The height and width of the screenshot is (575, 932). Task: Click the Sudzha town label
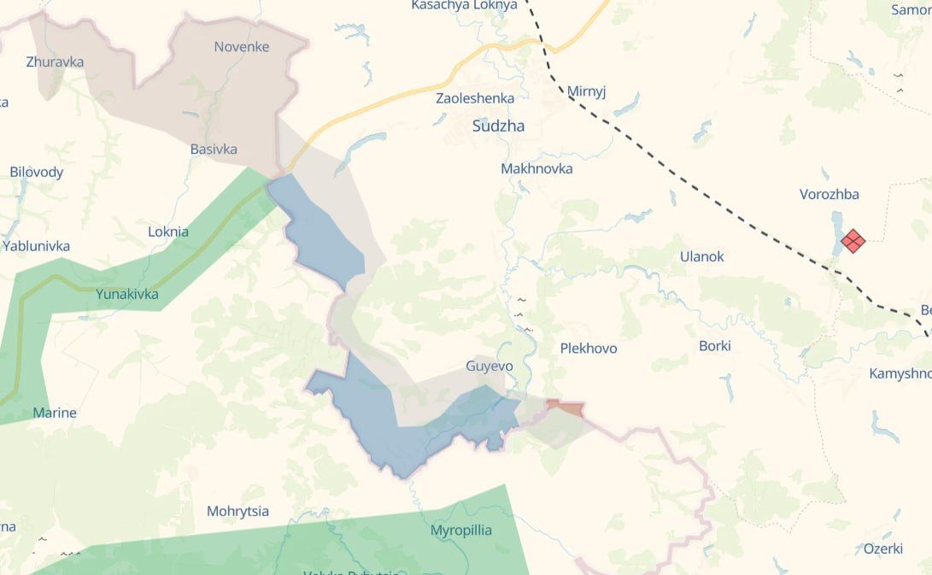tap(498, 126)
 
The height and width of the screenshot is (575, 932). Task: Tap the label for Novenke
tap(242, 47)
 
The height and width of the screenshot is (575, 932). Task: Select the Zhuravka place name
tap(54, 62)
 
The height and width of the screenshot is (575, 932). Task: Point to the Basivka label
tap(214, 150)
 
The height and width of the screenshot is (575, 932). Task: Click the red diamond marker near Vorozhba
tap(853, 241)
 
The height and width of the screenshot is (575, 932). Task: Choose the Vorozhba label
tap(829, 194)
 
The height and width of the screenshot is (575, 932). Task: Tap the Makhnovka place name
tap(536, 169)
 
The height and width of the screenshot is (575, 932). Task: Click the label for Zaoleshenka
tap(475, 98)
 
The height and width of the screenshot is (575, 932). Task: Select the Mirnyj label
tap(586, 91)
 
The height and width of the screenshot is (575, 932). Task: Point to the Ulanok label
tap(701, 256)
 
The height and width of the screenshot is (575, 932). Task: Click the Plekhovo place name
tap(589, 349)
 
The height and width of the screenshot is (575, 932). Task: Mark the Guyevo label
tap(489, 366)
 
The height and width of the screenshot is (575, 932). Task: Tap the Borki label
tap(715, 346)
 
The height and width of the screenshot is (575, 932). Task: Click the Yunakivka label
tap(127, 295)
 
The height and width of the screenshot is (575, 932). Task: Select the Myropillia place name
tap(461, 530)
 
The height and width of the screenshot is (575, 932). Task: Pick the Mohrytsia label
tap(237, 512)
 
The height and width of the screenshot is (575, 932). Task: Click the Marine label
tap(55, 414)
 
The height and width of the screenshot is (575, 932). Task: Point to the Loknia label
tap(168, 232)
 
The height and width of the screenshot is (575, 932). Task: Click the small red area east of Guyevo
tap(566, 408)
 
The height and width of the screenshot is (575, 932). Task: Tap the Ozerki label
tap(883, 549)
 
